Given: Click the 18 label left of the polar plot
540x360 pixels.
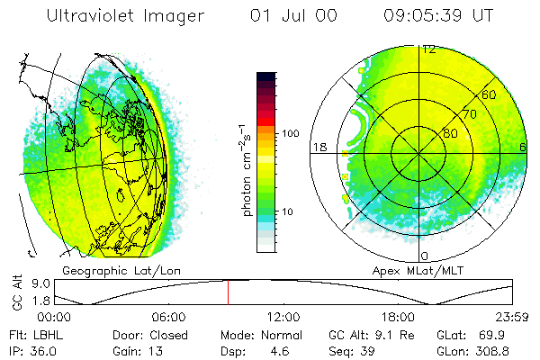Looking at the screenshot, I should [319, 147].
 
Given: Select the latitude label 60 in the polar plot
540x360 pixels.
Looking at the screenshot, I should [490, 94].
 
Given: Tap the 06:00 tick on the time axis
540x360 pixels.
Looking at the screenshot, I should [168, 318].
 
